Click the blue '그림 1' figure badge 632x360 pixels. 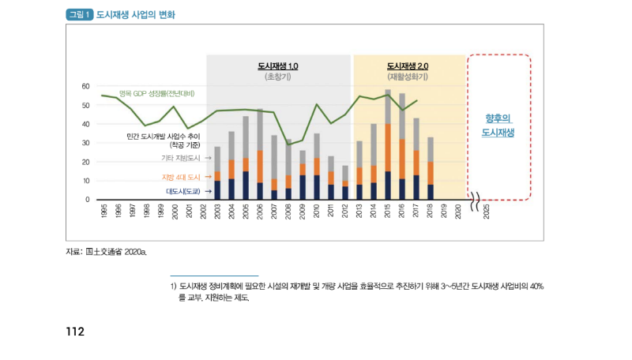coord(80,14)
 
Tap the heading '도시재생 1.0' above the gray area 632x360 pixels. coord(278,66)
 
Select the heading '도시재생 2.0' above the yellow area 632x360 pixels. coord(408,66)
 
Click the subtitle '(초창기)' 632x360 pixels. coord(278,77)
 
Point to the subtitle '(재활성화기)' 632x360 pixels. coord(408,77)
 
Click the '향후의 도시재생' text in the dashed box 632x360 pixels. coord(498,126)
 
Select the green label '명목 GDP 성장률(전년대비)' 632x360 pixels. coord(156,93)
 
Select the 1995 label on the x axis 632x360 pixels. coord(103,211)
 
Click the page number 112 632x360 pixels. coord(75,332)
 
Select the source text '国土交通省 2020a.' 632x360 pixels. coord(116,251)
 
